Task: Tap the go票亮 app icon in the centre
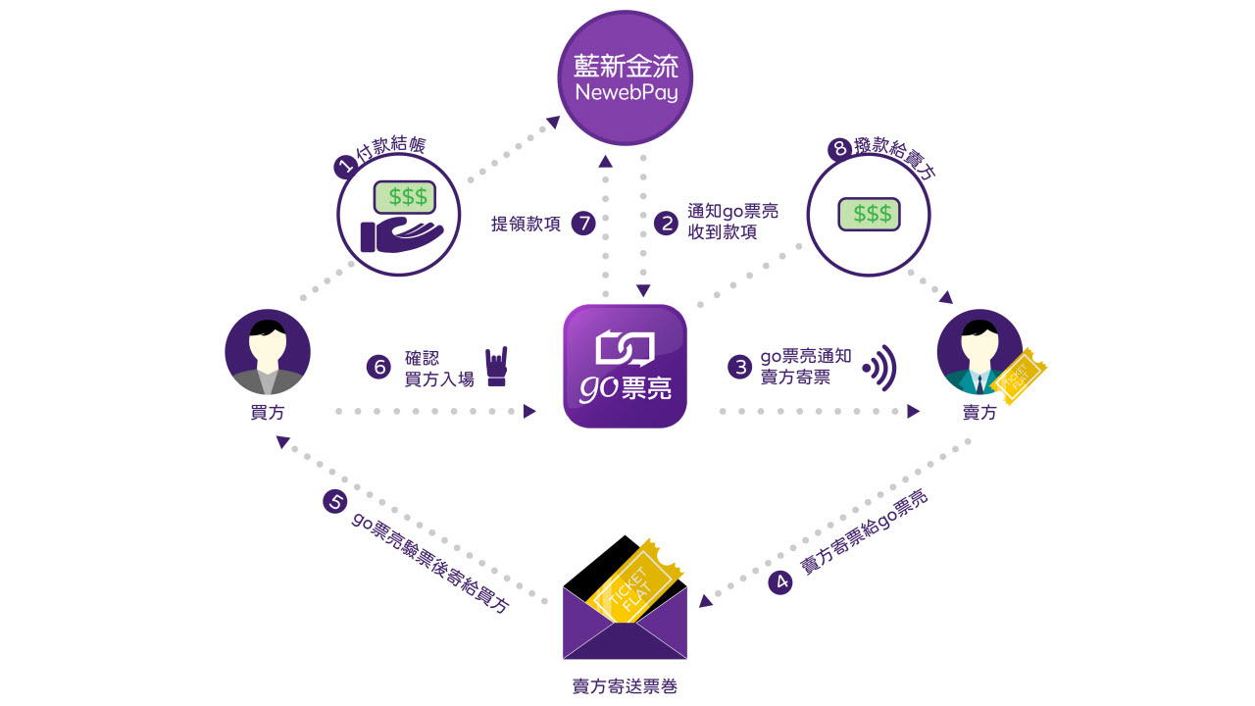click(625, 366)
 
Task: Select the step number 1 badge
click(345, 167)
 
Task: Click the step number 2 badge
click(667, 224)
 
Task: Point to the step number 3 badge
click(739, 367)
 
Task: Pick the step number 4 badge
click(781, 582)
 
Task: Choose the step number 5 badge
click(334, 502)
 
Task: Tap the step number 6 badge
click(378, 367)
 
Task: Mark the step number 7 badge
click(583, 224)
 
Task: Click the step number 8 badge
click(838, 150)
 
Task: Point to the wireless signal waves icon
click(879, 367)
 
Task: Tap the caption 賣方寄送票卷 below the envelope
click(625, 686)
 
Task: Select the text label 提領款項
click(526, 224)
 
